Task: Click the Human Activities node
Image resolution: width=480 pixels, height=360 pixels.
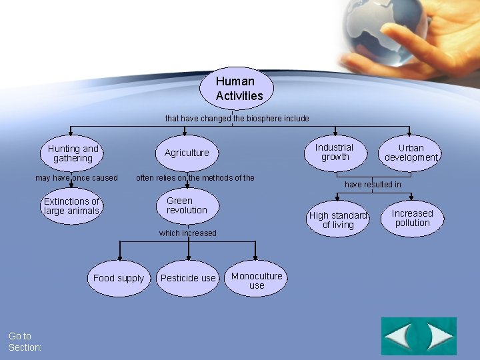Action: [x=237, y=89]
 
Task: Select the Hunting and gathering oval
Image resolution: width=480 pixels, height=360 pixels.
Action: [x=73, y=153]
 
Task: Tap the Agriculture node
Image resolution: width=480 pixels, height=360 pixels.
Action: [x=187, y=153]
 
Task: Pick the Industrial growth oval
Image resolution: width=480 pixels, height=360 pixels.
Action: [x=335, y=153]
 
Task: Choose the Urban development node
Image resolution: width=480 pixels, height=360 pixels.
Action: [x=411, y=153]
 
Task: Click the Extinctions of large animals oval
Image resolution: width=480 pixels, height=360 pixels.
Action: [x=71, y=207]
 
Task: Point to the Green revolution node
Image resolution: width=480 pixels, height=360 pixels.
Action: [x=187, y=206]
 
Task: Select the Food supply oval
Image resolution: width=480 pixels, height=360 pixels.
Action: [x=119, y=278]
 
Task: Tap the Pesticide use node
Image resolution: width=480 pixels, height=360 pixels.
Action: [x=189, y=278]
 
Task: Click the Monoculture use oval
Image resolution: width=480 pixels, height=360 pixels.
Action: [x=257, y=280]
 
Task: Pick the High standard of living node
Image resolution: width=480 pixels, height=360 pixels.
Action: [x=339, y=219]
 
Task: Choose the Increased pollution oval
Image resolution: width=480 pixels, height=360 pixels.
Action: [x=412, y=218]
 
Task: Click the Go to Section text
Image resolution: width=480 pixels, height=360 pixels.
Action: [x=25, y=341]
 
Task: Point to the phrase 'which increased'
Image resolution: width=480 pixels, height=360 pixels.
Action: [x=187, y=233]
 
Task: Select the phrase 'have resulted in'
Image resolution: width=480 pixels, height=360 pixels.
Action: [x=373, y=184]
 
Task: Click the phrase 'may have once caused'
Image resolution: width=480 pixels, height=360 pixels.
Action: [x=76, y=178]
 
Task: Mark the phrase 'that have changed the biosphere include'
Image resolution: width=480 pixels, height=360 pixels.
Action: [x=237, y=119]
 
